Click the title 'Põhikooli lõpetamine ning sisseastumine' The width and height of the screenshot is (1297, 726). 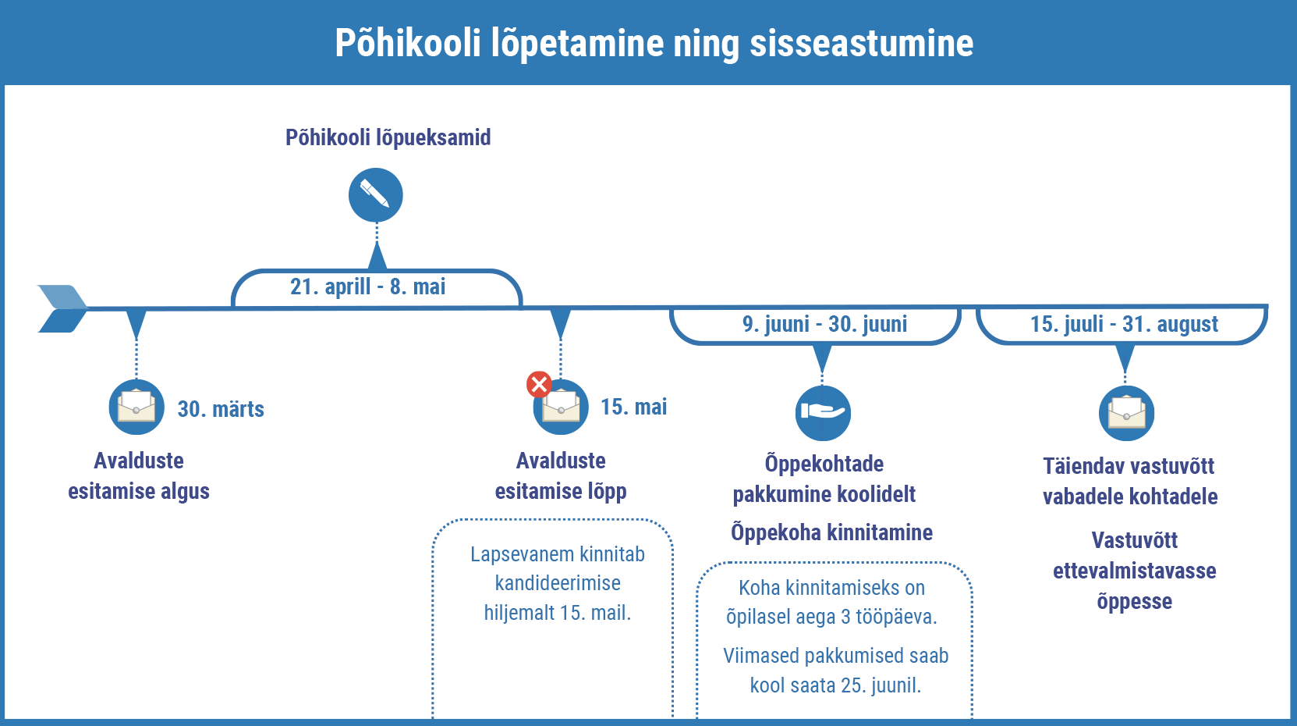(x=654, y=43)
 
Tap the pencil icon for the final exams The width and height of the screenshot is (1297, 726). (x=376, y=195)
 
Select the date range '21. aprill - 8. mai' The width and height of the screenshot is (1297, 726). (x=368, y=287)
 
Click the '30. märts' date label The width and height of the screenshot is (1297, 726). (x=221, y=409)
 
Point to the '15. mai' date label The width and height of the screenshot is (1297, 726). (x=633, y=407)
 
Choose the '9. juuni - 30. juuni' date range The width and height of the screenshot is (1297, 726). (x=824, y=324)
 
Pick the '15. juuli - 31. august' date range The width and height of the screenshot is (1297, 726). (x=1124, y=324)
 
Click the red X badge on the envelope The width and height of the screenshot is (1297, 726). (x=539, y=384)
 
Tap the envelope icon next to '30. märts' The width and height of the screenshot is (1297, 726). (x=136, y=407)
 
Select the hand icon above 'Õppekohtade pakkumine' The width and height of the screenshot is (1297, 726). (x=823, y=412)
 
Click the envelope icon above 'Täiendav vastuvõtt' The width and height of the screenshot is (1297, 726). (x=1126, y=413)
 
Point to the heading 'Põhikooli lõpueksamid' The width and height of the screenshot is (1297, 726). (x=388, y=138)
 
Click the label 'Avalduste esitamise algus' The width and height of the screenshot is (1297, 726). (x=139, y=475)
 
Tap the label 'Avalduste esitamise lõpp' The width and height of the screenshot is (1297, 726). (x=561, y=475)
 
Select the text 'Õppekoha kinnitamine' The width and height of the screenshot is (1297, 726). (x=831, y=532)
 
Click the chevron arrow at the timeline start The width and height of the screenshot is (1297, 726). (x=62, y=308)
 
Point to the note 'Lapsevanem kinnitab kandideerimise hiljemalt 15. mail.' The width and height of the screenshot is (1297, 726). (x=557, y=583)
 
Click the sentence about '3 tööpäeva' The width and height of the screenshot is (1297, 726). (x=831, y=602)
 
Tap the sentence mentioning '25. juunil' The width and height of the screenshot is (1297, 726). (x=835, y=671)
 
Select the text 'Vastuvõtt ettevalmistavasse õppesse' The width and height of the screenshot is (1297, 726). (x=1134, y=571)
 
